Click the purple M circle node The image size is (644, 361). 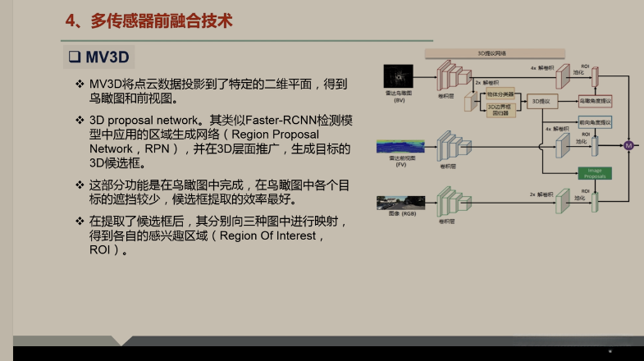[x=629, y=145]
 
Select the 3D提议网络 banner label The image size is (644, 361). [x=492, y=53]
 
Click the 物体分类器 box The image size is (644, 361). [x=499, y=94]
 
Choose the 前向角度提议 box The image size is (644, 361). [x=595, y=121]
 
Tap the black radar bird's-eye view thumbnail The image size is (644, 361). [x=399, y=78]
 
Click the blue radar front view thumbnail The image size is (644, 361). [x=401, y=148]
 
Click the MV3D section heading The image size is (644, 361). [x=109, y=57]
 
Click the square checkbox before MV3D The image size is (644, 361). [x=72, y=57]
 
